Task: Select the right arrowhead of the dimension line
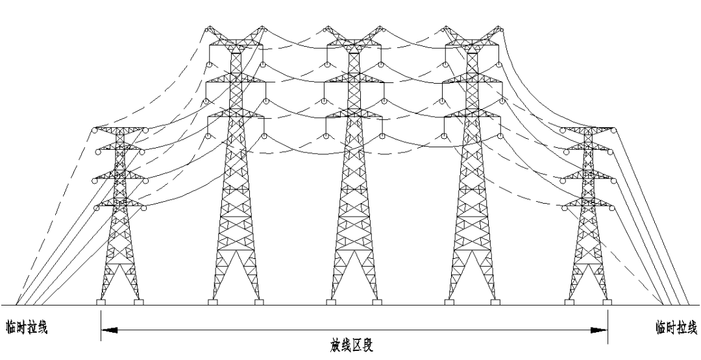[x=600, y=330]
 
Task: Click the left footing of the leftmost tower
[x=101, y=302]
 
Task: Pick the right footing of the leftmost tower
[x=138, y=302]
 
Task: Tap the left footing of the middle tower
[x=330, y=302]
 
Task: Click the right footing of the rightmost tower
[x=608, y=302]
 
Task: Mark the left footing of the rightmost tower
[x=571, y=302]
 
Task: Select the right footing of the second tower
[x=259, y=302]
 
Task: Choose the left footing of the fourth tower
[x=449, y=302]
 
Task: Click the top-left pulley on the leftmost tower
[x=95, y=131]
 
